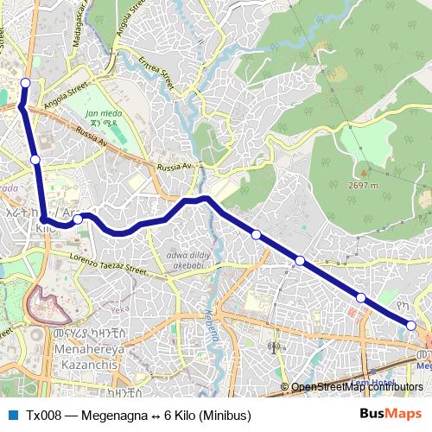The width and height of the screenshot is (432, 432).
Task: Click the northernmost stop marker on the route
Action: click(x=25, y=83)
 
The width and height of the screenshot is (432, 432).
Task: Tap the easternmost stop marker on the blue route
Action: click(x=411, y=325)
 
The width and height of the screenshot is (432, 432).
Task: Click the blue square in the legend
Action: click(x=12, y=415)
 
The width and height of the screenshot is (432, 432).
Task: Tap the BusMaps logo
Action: click(x=390, y=414)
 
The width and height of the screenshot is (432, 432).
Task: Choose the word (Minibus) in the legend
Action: click(x=221, y=415)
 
